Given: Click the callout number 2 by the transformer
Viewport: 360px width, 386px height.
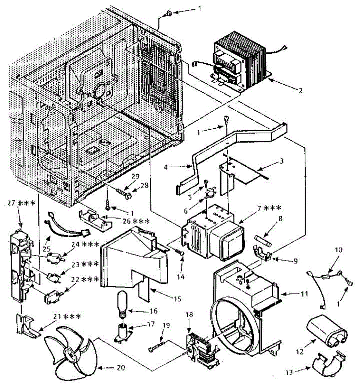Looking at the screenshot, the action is [x=300, y=90].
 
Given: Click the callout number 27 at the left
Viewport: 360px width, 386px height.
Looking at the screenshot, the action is [x=11, y=203].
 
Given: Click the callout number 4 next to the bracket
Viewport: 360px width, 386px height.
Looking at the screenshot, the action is [x=166, y=167].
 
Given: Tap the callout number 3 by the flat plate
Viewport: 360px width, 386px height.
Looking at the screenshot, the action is [x=281, y=161].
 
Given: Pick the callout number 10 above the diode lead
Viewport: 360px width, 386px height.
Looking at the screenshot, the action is [x=339, y=250].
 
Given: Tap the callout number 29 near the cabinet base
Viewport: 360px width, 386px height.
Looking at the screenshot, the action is [x=135, y=176].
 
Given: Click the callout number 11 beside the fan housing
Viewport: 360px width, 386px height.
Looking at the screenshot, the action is [x=304, y=293].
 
